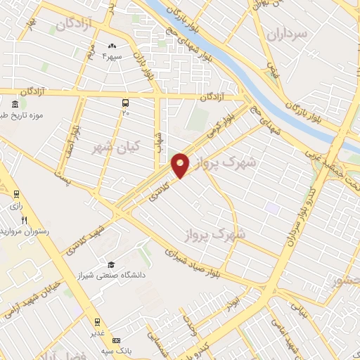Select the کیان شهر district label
click(x=116, y=147)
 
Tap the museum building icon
click(x=15, y=105)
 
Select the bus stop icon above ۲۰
click(x=125, y=102)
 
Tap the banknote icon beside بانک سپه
click(x=116, y=340)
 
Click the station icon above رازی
click(x=16, y=195)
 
